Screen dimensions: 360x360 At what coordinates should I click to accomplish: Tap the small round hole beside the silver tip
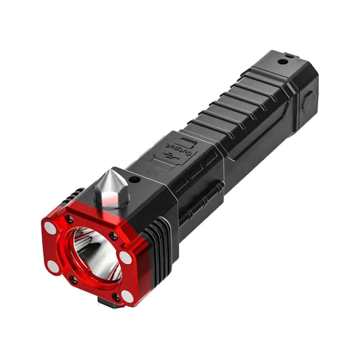(x=134, y=180)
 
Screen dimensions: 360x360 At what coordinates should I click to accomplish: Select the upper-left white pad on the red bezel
(x=50, y=228)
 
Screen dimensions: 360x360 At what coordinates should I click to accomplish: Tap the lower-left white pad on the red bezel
(x=53, y=267)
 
